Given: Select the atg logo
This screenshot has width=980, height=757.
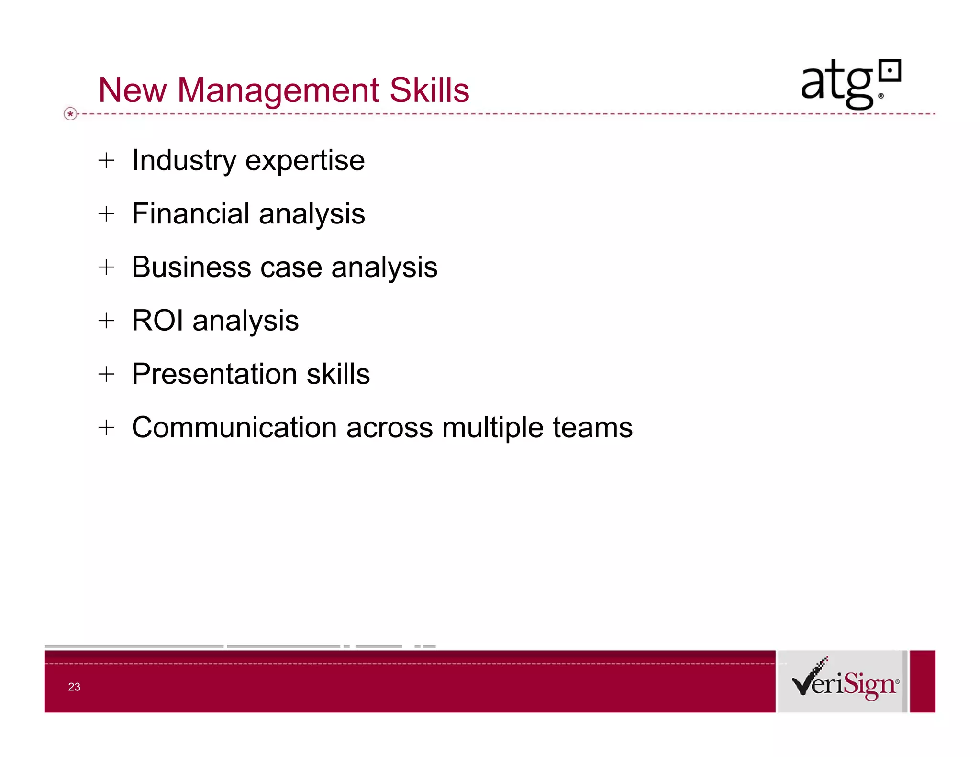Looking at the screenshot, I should (850, 83).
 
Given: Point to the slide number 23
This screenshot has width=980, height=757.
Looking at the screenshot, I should (74, 687).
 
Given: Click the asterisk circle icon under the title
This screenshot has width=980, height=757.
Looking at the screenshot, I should (70, 114).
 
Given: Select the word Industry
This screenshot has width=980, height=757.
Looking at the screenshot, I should (184, 161).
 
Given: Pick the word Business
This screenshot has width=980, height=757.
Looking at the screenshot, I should (191, 267).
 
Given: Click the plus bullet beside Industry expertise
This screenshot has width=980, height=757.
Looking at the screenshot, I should (106, 160).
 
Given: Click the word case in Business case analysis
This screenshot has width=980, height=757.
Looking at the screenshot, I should (291, 267).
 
